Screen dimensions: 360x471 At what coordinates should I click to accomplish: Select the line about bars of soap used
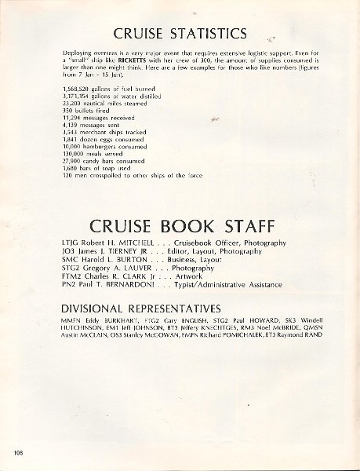(94, 168)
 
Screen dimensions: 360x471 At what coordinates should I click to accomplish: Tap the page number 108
(18, 455)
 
